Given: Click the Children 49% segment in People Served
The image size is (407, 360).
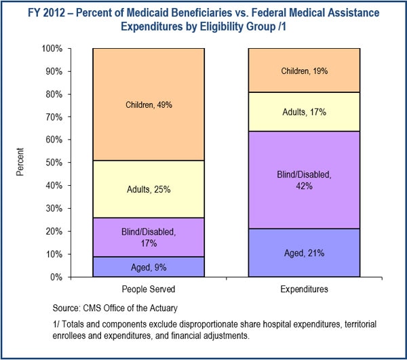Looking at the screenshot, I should pos(148,104).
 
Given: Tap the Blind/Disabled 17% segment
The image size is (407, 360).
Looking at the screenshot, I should pos(148,237).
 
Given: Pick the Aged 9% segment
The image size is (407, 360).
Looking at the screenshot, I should pos(148,266).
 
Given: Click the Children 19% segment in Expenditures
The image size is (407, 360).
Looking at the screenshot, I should pos(304,71).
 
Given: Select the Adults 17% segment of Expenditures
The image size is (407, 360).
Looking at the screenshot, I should pos(304,112).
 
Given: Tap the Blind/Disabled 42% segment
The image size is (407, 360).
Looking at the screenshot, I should pos(304,180).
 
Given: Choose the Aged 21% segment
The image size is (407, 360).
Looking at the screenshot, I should pos(304,253).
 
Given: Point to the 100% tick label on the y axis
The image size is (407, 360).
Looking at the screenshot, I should pos(52,49).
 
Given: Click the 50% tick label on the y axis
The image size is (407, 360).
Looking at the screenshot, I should pos(54,163).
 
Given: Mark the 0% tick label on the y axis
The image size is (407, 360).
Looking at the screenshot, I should pos(57,277).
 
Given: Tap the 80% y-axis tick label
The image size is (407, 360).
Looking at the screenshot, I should pos(54,94).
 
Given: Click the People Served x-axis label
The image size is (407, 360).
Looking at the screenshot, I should pos(148,289).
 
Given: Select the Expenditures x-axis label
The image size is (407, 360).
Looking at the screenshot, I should pos(304,289).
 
